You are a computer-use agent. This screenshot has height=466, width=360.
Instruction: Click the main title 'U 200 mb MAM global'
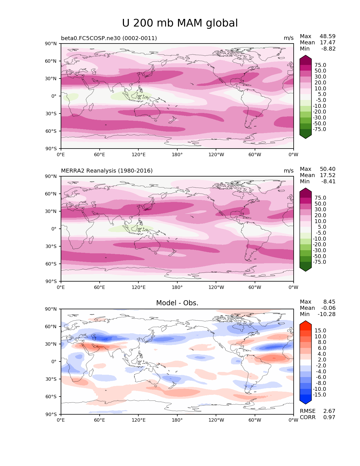pos(180,23)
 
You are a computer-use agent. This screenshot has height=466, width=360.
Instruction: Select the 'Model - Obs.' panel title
pos(177,303)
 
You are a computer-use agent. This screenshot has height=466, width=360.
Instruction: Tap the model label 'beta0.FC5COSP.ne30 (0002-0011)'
pos(109,38)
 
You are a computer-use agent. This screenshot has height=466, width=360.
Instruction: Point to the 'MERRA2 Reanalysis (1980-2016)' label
pos(107,171)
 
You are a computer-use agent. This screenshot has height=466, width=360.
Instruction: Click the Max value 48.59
pos(328,36)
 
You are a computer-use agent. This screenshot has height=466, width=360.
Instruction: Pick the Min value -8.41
pos(328,182)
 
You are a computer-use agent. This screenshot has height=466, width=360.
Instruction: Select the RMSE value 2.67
pos(329,411)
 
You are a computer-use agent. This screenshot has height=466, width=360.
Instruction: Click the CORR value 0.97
pos(329,417)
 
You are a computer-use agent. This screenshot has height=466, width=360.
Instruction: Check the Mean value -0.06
pos(328,308)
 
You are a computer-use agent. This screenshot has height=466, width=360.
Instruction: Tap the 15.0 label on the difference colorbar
pos(320,331)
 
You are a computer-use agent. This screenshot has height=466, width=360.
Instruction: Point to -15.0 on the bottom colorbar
pos(319,395)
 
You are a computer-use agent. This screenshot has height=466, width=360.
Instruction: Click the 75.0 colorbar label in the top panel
pos(320,65)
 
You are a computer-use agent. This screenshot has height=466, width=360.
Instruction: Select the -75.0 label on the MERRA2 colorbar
pos(319,262)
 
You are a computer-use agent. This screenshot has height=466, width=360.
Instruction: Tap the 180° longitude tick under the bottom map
pos(177,420)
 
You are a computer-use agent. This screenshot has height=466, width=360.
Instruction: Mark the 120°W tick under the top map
pos(216,155)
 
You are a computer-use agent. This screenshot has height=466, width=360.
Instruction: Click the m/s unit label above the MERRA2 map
pos(289,171)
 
